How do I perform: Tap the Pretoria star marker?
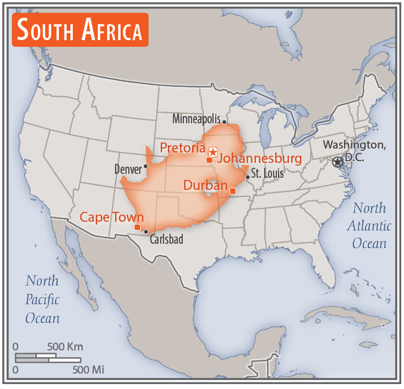(213, 151)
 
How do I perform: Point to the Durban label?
(205, 185)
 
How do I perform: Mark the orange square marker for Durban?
(233, 191)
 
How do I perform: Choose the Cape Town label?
(112, 217)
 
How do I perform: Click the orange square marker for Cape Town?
(137, 227)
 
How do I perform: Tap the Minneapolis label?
(196, 119)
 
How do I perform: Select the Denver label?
(128, 169)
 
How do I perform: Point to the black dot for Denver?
(146, 166)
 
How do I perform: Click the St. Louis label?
(267, 174)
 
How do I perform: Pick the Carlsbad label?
(166, 240)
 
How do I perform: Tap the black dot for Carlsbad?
(146, 232)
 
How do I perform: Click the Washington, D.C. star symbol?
(338, 162)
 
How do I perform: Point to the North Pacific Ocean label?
(42, 299)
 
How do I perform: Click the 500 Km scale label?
(65, 347)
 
